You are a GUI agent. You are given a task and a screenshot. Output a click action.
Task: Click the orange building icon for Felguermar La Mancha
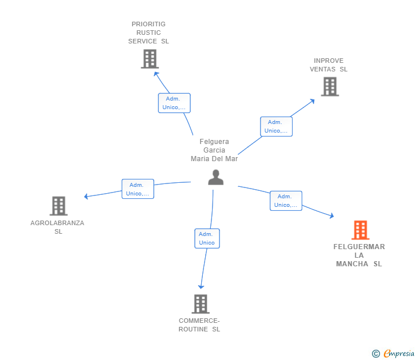point(361,230)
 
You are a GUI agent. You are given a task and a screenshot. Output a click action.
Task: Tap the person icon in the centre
point(215,177)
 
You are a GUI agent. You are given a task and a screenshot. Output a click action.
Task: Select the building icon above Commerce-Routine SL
point(201,304)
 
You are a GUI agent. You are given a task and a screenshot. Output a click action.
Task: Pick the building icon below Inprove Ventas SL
point(330,86)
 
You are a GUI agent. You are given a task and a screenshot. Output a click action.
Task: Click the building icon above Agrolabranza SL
point(59,206)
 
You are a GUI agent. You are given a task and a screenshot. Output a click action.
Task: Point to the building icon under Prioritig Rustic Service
point(150,59)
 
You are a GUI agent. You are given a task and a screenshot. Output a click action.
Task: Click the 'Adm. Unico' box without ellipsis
point(207,238)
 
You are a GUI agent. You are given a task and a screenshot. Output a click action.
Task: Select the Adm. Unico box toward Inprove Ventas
point(276,126)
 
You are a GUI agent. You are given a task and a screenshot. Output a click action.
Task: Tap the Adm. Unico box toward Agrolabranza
point(138,189)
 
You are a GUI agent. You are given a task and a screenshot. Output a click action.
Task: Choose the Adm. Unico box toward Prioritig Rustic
point(174,103)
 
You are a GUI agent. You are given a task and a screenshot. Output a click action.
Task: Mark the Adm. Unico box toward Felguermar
point(286,201)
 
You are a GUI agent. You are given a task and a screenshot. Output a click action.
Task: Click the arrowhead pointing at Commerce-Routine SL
point(201,286)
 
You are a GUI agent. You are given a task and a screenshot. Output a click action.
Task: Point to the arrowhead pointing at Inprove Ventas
point(312,101)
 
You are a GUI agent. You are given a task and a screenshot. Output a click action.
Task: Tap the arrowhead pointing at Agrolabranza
point(86,197)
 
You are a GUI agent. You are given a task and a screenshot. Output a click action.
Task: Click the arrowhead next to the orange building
point(331,215)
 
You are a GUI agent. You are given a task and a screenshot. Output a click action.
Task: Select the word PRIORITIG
point(149,24)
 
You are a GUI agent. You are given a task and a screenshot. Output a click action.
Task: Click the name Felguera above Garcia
point(214,142)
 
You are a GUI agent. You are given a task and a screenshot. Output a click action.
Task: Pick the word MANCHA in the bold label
point(352,264)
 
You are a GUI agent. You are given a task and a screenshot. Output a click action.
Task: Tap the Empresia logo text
point(399,354)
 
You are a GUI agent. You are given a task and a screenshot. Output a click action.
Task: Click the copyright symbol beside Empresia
point(375,354)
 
